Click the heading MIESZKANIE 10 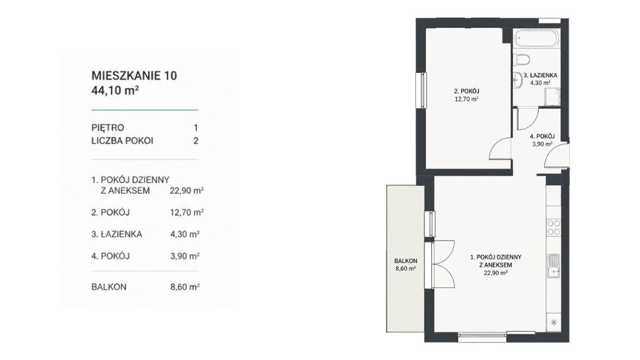(x=134, y=76)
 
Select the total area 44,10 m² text (x=115, y=90)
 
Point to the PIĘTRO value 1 (x=196, y=127)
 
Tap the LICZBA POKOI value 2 (x=196, y=141)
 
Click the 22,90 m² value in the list (x=186, y=191)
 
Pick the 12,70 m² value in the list (x=186, y=212)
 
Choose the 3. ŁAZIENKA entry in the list (x=117, y=234)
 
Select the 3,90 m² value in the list (x=184, y=256)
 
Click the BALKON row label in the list (x=109, y=287)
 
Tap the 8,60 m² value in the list (x=184, y=287)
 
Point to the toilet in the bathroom (x=521, y=59)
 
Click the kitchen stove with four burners (x=554, y=227)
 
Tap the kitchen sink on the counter (x=554, y=266)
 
